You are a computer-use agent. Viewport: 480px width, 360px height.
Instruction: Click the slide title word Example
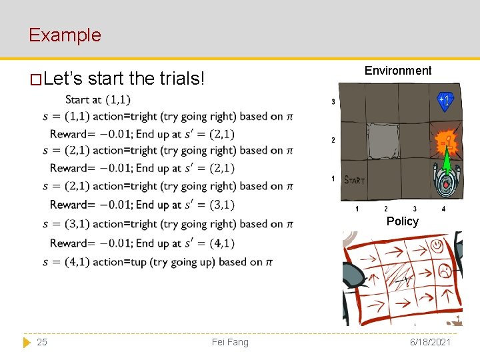pos(65,35)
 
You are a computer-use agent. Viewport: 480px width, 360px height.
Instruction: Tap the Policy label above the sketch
pos(402,221)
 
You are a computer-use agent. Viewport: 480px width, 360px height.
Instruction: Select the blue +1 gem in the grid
pos(445,101)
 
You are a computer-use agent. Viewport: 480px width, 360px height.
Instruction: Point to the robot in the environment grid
pos(445,181)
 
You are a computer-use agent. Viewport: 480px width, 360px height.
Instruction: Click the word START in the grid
pos(354,180)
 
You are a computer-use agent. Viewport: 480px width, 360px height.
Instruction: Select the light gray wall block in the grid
pos(383,140)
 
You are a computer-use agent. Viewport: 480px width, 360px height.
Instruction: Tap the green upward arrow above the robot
pos(445,159)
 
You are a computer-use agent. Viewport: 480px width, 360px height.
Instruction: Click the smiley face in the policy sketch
pos(437,247)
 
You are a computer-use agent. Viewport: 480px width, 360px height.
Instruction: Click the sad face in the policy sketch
pos(443,271)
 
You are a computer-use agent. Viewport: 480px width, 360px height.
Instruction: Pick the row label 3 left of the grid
pos(333,102)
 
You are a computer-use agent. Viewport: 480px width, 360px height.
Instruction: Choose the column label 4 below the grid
pos(443,209)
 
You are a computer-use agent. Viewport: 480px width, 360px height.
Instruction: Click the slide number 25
pos(42,342)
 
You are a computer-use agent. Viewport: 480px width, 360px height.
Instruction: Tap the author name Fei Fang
pos(229,342)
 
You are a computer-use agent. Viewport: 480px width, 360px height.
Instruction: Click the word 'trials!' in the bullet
pos(182,79)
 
